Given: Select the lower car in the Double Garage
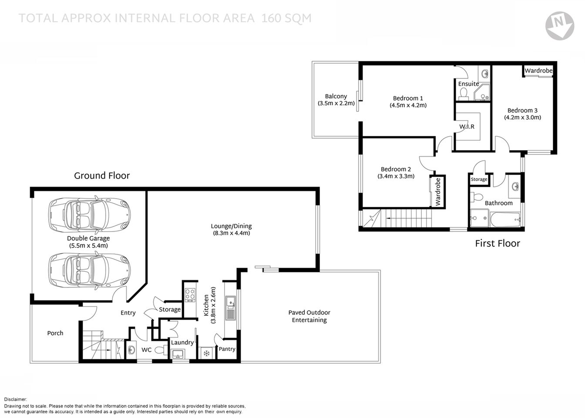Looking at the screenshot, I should tap(89, 270).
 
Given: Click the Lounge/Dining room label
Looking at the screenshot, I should tap(231, 226).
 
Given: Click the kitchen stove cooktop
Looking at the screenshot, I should tap(190, 295).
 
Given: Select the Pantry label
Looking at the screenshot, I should tap(227, 349).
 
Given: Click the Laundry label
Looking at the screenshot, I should tap(182, 342).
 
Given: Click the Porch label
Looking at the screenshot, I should tap(55, 333).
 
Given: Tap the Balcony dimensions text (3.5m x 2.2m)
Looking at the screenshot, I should tap(336, 104).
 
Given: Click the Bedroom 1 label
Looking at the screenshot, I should tap(408, 98).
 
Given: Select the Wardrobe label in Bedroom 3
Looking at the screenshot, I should tap(538, 71).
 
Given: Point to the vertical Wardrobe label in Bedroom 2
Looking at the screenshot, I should tap(438, 192).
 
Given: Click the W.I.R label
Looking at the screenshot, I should tap(467, 127).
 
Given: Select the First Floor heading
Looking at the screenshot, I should tap(497, 243).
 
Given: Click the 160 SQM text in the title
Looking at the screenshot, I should tap(286, 18).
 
